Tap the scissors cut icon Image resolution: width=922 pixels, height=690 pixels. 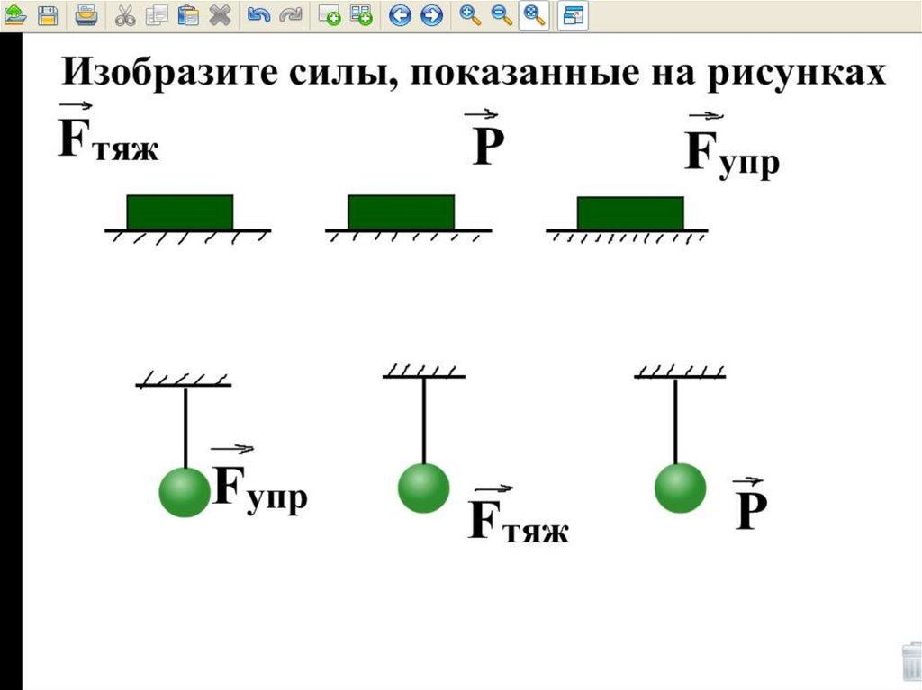125,14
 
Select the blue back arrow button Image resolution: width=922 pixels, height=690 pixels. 400,14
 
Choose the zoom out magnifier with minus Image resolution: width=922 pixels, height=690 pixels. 502,14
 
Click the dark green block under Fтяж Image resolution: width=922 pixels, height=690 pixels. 180,212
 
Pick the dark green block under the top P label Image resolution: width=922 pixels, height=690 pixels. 401,212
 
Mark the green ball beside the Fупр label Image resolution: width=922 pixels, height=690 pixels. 185,492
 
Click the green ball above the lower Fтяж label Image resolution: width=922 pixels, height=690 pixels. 423,488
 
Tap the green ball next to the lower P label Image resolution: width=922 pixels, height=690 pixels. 680,488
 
